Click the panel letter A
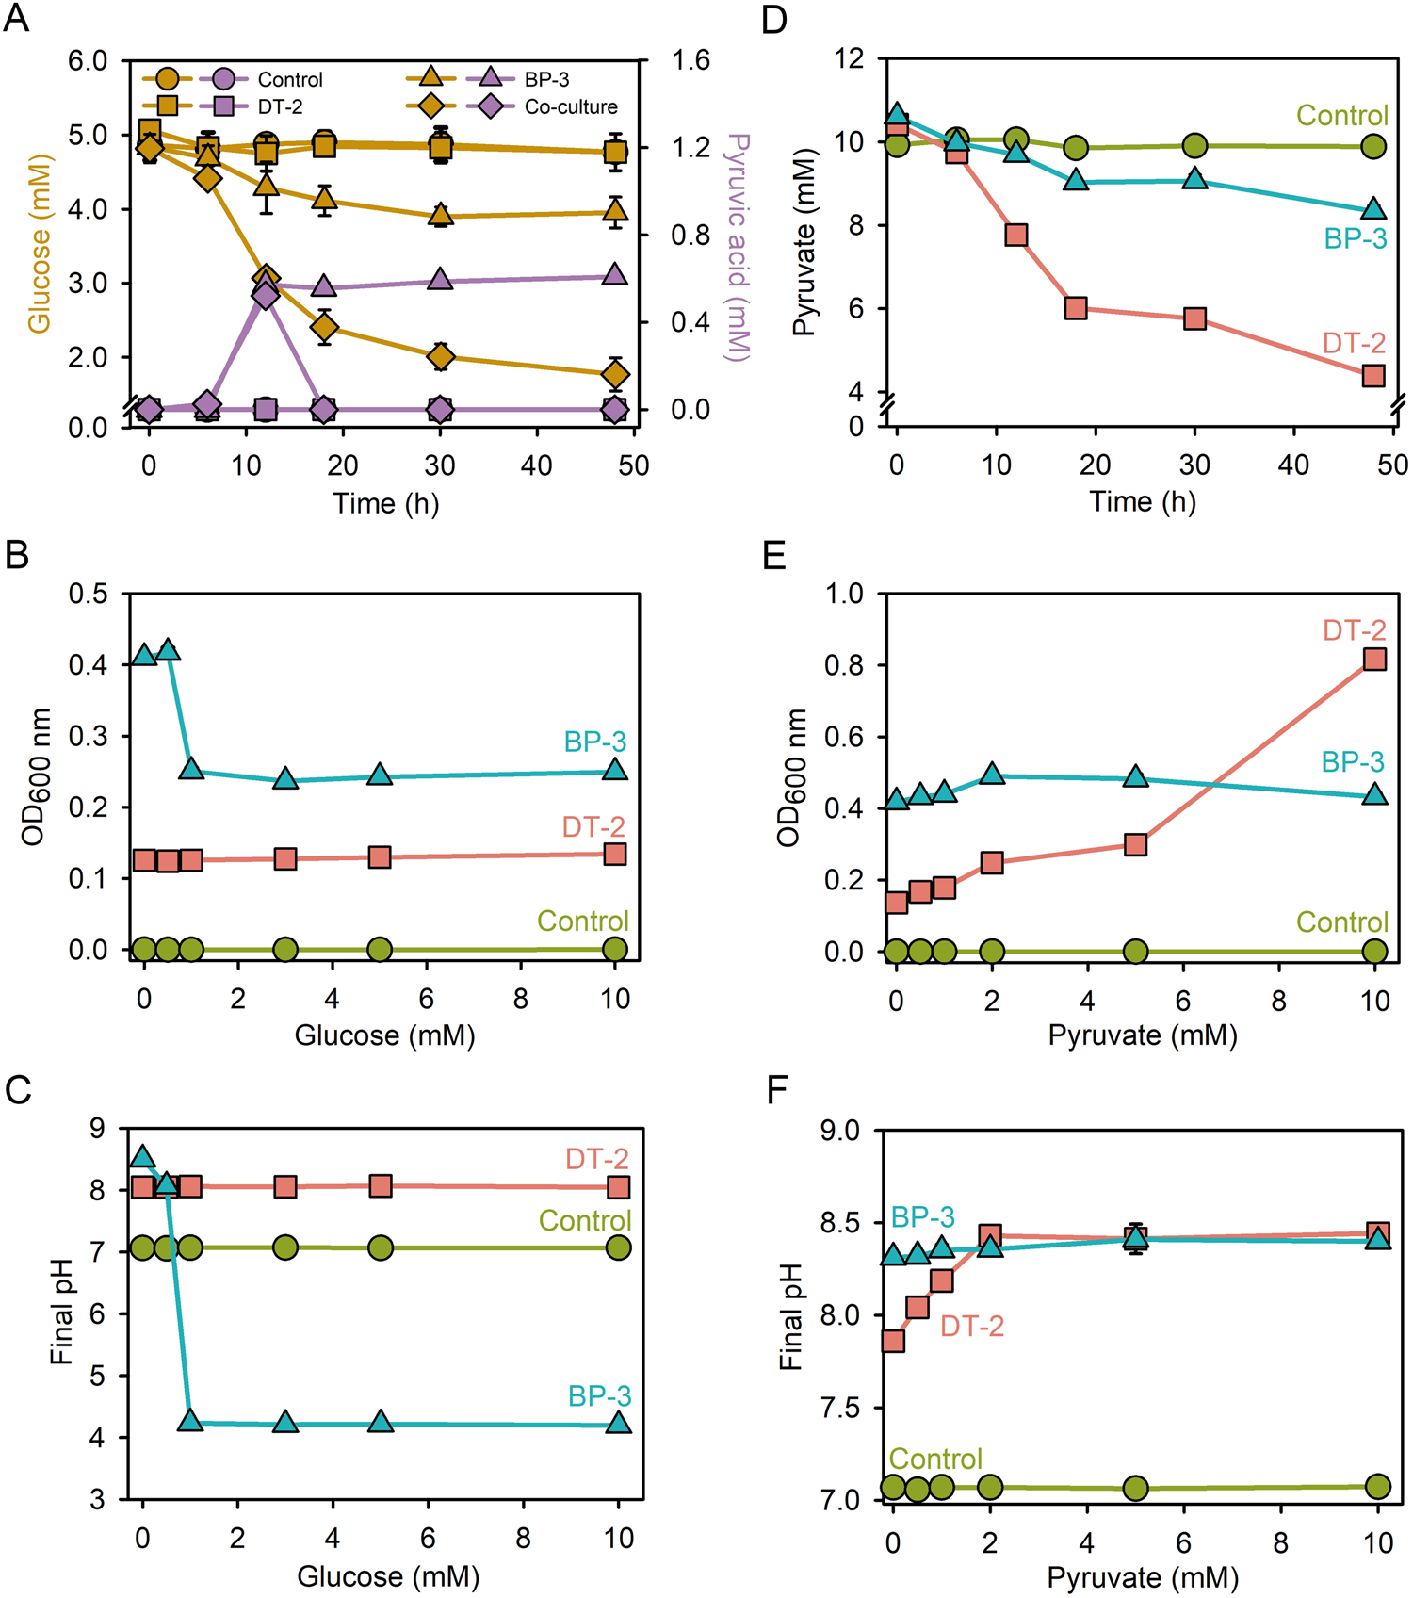pos(17,19)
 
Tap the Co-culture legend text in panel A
pos(571,107)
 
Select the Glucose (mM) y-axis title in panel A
pos(39,243)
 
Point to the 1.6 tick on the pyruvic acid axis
pos(690,61)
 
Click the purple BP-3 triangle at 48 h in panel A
pos(614,275)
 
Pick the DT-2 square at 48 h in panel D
pos(1373,375)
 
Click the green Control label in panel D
pos(1341,116)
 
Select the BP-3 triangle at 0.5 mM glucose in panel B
pos(168,650)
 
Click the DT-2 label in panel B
pos(593,827)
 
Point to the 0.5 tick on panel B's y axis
pos(88,594)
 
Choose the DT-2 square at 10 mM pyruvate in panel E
pos(1374,659)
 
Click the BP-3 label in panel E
pos(1353,762)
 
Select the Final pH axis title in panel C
pos(61,1313)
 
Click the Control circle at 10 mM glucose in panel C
pos(618,1247)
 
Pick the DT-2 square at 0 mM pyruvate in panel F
pos(893,1341)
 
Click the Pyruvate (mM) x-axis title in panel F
pos(1143,1577)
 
